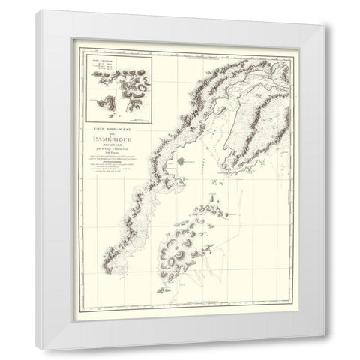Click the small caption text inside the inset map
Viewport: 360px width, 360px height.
pos(101,63)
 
